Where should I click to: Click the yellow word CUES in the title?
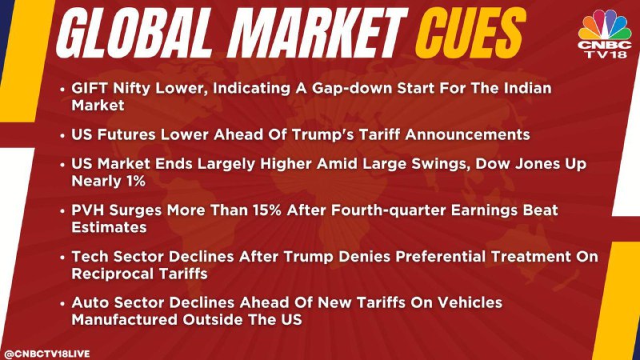[470, 33]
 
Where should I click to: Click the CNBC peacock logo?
[605, 25]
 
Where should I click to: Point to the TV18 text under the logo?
[606, 54]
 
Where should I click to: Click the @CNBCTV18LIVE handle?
[46, 354]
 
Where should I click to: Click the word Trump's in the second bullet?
[313, 134]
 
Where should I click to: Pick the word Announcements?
[467, 134]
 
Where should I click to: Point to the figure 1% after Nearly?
[135, 181]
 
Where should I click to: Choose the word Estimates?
[109, 227]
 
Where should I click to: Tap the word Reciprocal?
[113, 274]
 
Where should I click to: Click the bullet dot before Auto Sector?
[62, 304]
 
